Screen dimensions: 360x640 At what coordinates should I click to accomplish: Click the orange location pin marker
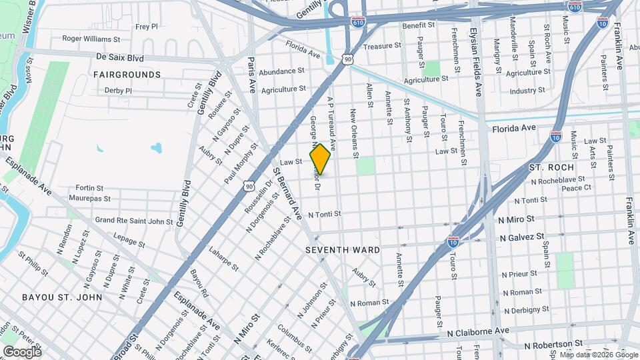(x=320, y=159)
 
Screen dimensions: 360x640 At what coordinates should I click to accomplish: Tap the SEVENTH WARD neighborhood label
(x=343, y=250)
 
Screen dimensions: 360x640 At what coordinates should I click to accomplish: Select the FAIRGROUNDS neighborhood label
(x=127, y=75)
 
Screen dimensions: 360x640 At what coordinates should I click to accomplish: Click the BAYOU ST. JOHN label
(x=61, y=297)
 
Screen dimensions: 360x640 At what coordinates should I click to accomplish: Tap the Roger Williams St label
(x=91, y=39)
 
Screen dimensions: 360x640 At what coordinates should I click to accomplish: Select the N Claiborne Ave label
(x=479, y=331)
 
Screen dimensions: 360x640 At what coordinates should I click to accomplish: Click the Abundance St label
(x=281, y=71)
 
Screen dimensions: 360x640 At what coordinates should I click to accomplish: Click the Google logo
(x=22, y=351)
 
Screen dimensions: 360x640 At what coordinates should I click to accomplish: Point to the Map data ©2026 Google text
(x=599, y=354)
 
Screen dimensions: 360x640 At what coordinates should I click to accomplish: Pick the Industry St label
(x=527, y=91)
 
